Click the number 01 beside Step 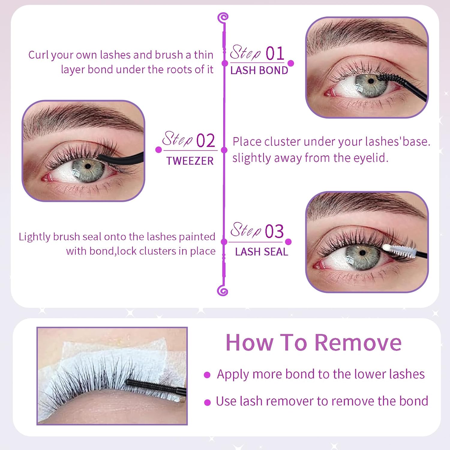(x=275, y=54)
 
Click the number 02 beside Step (x=205, y=141)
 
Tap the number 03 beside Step (x=274, y=231)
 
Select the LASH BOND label (x=259, y=70)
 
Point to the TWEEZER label (x=190, y=161)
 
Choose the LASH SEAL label (x=262, y=252)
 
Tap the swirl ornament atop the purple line (x=223, y=18)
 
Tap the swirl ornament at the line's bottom (x=223, y=290)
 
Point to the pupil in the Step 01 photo (x=371, y=81)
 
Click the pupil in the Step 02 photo (x=88, y=166)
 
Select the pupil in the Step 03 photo (x=362, y=253)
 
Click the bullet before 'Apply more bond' (x=207, y=375)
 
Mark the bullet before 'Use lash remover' (x=207, y=402)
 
